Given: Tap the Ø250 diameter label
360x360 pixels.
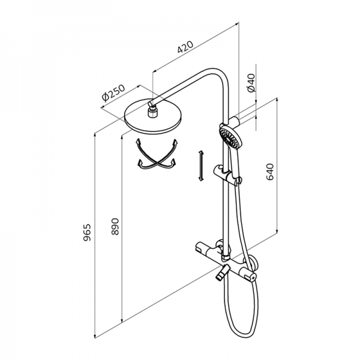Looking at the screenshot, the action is click(x=113, y=94).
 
